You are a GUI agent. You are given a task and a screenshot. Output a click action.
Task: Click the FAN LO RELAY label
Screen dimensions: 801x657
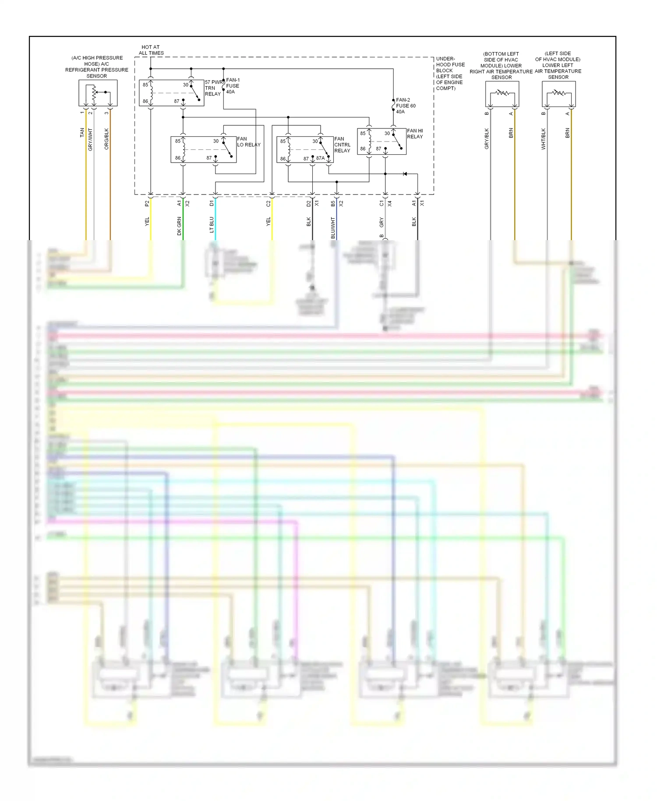(248, 142)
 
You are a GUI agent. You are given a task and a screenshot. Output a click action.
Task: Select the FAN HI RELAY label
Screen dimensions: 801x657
(415, 134)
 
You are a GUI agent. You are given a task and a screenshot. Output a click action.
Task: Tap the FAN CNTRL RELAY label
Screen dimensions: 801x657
(342, 145)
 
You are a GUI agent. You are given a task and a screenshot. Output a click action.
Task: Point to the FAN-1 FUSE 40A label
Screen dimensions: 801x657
(232, 86)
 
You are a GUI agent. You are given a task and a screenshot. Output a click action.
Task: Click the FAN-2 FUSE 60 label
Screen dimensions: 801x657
(406, 106)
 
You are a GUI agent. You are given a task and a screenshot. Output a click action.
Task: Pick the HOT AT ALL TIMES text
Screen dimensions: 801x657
(151, 50)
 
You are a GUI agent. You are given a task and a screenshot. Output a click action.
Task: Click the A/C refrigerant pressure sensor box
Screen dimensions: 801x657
(98, 93)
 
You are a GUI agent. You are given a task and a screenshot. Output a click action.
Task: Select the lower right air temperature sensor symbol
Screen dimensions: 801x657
(502, 94)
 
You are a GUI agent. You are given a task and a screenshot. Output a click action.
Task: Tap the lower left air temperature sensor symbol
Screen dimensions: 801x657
(558, 94)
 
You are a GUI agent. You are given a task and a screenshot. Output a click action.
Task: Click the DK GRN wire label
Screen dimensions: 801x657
(179, 226)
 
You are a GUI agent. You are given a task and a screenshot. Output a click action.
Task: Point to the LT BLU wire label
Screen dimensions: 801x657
(212, 224)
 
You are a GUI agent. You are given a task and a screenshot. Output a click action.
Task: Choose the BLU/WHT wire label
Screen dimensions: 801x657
(333, 227)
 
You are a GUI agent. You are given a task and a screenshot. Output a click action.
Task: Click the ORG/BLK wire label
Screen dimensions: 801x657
(106, 139)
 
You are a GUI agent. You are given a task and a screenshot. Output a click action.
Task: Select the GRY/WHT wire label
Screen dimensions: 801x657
(91, 139)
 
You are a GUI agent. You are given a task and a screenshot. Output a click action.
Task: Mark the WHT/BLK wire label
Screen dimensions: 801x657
(544, 138)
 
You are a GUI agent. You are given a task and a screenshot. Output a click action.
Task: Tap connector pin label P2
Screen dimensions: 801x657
(147, 203)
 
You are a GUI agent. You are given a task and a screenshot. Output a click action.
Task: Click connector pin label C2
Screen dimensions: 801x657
(268, 203)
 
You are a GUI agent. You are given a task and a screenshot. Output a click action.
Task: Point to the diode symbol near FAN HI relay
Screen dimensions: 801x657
(405, 174)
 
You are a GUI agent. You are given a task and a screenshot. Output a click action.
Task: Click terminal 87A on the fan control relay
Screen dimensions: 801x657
(320, 158)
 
